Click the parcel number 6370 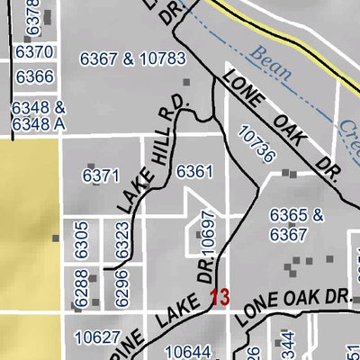click(x=35, y=53)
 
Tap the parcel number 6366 click(x=35, y=76)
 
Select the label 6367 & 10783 click(x=132, y=59)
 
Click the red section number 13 click(x=220, y=296)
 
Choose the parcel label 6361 click(x=195, y=170)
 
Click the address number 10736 click(x=256, y=144)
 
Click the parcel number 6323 click(x=123, y=243)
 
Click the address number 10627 click(x=96, y=337)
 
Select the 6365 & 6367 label click(x=296, y=225)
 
